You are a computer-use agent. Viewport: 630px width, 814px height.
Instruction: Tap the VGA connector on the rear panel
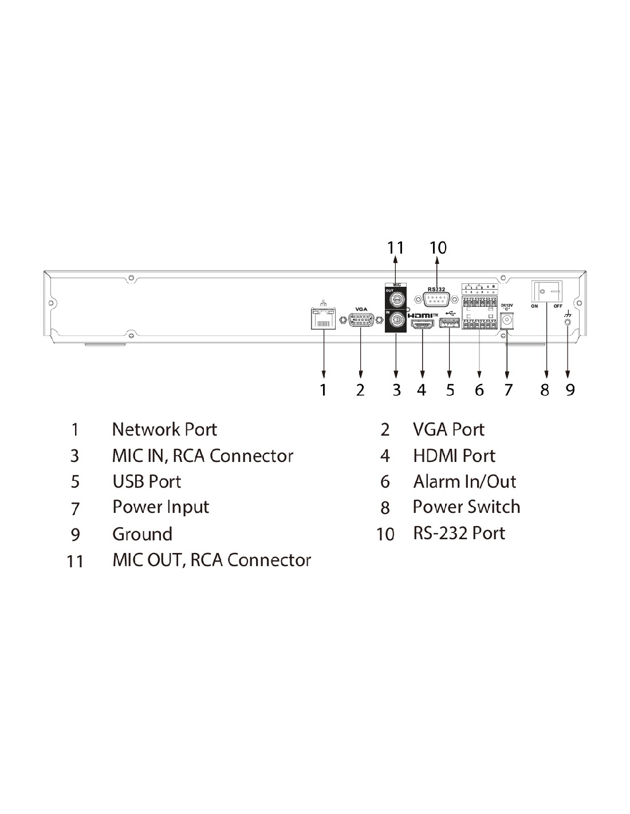click(x=361, y=321)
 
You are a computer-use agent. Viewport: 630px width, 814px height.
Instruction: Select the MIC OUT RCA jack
click(x=396, y=299)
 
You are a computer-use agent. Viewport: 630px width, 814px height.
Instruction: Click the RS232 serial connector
click(x=437, y=299)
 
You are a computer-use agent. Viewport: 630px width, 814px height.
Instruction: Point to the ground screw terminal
click(x=567, y=322)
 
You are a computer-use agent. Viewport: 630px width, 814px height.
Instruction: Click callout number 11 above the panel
click(x=395, y=247)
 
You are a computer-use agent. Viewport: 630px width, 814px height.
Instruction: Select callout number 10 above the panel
click(x=438, y=247)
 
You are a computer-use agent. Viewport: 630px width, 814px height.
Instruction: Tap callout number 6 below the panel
click(x=479, y=390)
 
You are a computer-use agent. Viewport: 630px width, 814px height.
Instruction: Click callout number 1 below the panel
click(x=324, y=390)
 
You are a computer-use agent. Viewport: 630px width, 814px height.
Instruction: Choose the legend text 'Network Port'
click(x=164, y=429)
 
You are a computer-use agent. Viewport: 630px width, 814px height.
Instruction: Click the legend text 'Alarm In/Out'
click(x=464, y=481)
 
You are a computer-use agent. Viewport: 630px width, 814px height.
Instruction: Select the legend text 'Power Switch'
click(x=466, y=507)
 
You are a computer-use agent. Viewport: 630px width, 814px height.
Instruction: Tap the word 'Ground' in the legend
click(x=142, y=534)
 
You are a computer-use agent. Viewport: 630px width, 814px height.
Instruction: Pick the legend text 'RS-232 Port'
click(x=459, y=533)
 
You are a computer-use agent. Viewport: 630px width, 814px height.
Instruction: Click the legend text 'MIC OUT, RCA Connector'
click(x=211, y=560)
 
